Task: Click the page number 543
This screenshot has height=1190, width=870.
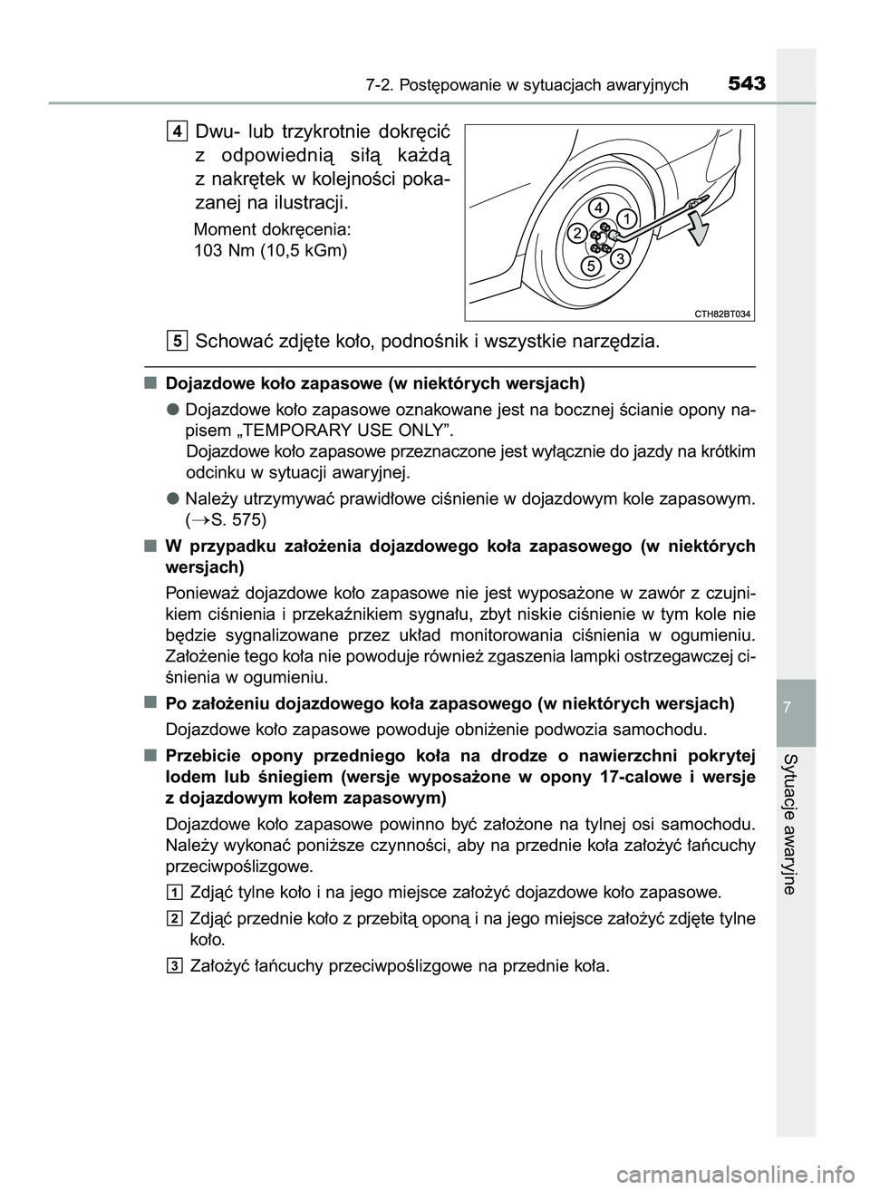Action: (746, 83)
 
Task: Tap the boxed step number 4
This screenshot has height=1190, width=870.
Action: (178, 132)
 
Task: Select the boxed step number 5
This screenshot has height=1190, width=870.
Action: (178, 341)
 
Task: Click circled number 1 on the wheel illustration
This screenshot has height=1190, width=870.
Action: (625, 218)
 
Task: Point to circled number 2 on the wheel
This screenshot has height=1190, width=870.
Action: (576, 234)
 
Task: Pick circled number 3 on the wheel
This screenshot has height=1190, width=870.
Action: (620, 259)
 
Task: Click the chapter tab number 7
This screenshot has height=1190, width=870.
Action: (796, 705)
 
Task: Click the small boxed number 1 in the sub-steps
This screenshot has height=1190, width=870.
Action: (175, 891)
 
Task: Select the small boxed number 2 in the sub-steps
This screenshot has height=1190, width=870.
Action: (175, 919)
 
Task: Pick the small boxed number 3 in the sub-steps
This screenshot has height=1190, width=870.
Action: (175, 965)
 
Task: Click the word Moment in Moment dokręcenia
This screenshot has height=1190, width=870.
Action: (223, 229)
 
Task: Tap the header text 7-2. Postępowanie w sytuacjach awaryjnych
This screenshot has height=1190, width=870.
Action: (527, 85)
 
